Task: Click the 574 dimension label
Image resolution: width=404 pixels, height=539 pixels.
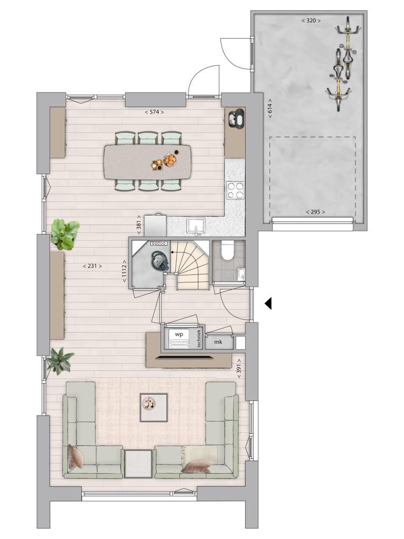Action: pyautogui.click(x=154, y=112)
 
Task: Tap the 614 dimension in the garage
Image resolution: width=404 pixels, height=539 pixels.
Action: pyautogui.click(x=270, y=109)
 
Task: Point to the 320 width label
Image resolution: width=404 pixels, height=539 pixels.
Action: pyautogui.click(x=311, y=20)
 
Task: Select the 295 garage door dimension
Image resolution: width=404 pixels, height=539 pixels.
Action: pyautogui.click(x=315, y=212)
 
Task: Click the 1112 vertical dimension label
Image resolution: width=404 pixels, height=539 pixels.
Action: pyautogui.click(x=124, y=271)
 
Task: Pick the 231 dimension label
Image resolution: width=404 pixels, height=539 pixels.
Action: pyautogui.click(x=93, y=266)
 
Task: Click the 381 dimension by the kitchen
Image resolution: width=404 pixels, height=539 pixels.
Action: pyautogui.click(x=139, y=225)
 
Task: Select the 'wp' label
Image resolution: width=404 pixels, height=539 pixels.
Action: pyautogui.click(x=179, y=334)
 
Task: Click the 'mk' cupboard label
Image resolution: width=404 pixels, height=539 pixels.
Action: pyautogui.click(x=218, y=342)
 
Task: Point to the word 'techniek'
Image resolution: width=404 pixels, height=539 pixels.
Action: pyautogui.click(x=199, y=338)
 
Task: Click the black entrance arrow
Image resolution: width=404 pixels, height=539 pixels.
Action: pyautogui.click(x=268, y=303)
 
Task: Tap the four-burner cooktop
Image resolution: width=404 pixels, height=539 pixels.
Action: pyautogui.click(x=235, y=190)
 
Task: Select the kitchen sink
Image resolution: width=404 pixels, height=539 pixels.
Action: pyautogui.click(x=196, y=226)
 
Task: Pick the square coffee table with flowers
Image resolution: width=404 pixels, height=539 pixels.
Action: pyautogui.click(x=154, y=407)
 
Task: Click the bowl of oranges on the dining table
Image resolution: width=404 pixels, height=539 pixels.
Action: pyautogui.click(x=170, y=160)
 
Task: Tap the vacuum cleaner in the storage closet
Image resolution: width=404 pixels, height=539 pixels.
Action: pyautogui.click(x=160, y=261)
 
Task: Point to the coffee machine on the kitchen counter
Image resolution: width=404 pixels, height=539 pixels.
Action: pyautogui.click(x=236, y=118)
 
